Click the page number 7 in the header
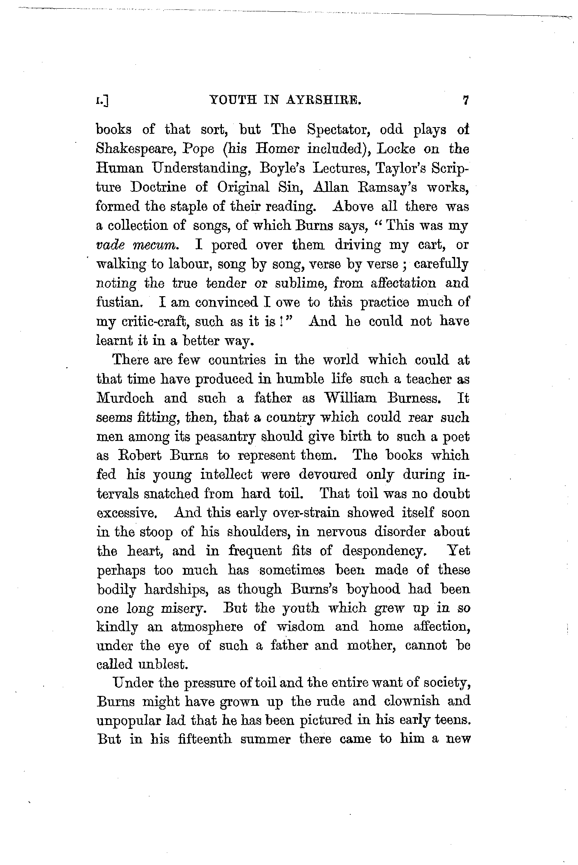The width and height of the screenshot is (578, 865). [x=466, y=101]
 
